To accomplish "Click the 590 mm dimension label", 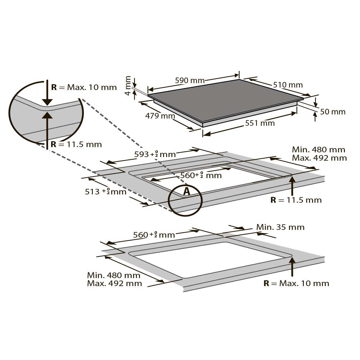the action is point(190,81).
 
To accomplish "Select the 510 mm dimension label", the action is point(288,85).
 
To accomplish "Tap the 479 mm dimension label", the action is point(160,116).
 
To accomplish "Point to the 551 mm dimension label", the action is point(260,123).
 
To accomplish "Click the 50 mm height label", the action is point(333,112).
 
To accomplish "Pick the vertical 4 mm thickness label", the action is point(128,86).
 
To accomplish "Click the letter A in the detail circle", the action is point(186,191).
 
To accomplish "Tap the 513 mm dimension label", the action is point(106,192).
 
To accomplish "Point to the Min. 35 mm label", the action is point(280,227).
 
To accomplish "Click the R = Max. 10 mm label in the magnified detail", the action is point(84,87).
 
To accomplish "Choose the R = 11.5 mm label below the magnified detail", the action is point(76,144).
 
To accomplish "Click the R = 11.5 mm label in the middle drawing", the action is point(296,200).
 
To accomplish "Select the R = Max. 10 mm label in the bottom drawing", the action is point(296,283).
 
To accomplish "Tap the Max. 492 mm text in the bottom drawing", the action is point(114,283).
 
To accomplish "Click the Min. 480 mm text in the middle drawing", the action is point(318,150).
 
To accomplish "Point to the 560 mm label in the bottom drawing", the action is point(154,235).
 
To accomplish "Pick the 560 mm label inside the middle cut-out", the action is point(201,175).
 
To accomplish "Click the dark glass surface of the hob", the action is point(224,100).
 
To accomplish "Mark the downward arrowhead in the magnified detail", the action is point(47,102).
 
